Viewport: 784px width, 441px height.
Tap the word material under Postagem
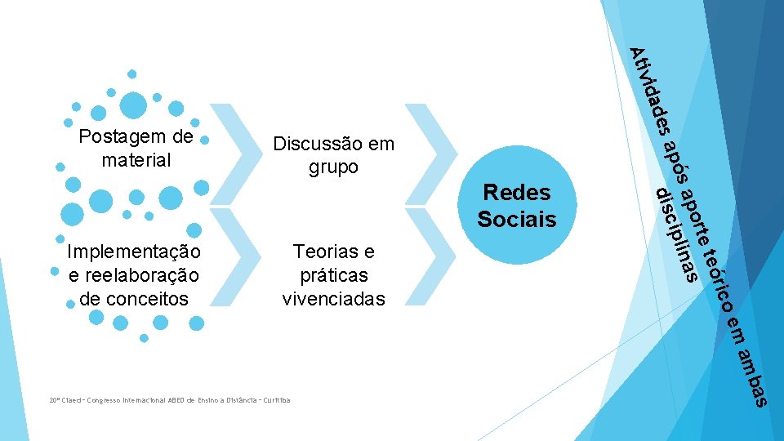coord(136,160)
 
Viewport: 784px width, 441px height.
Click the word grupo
coord(333,167)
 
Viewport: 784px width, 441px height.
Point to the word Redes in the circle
coord(517,192)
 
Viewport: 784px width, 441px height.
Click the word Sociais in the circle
coord(517,220)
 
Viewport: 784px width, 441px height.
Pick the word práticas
coord(333,275)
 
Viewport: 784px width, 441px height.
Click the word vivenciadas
coord(333,299)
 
